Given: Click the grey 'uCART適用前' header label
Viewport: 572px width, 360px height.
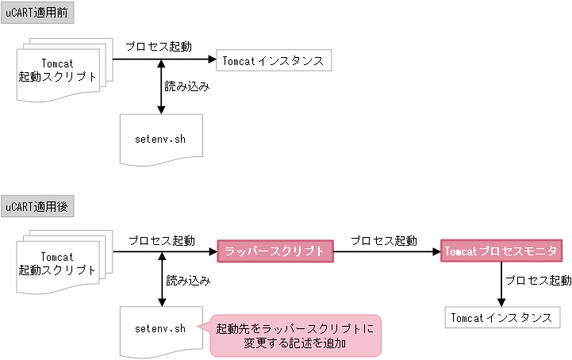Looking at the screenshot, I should pos(37,13).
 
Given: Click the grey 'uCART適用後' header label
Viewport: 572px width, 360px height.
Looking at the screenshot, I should pos(37,208).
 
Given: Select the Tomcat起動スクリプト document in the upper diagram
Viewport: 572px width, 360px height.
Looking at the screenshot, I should pos(59,71).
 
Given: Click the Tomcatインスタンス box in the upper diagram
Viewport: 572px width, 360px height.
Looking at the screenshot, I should pos(271,60).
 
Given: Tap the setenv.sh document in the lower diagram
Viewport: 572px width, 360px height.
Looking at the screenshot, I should pos(161,329).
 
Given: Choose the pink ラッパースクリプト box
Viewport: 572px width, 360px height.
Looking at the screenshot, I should pos(274,251).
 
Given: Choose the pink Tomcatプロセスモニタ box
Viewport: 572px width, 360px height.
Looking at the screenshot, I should pos(502,251).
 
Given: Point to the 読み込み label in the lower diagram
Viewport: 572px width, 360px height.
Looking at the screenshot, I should pos(188,280).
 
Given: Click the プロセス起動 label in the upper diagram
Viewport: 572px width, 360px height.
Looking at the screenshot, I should pos(159,47).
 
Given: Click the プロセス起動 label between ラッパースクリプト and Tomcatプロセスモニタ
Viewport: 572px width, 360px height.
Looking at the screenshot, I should pos(384,240).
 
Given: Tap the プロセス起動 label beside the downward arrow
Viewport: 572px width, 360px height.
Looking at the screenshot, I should pos(537,281).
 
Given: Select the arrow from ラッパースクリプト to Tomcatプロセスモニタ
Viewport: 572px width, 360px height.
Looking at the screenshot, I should pos(386,252).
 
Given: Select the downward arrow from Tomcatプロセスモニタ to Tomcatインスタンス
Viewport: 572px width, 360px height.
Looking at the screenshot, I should pos(501,284).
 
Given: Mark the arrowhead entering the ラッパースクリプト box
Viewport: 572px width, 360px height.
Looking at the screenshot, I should pos(212,252).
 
